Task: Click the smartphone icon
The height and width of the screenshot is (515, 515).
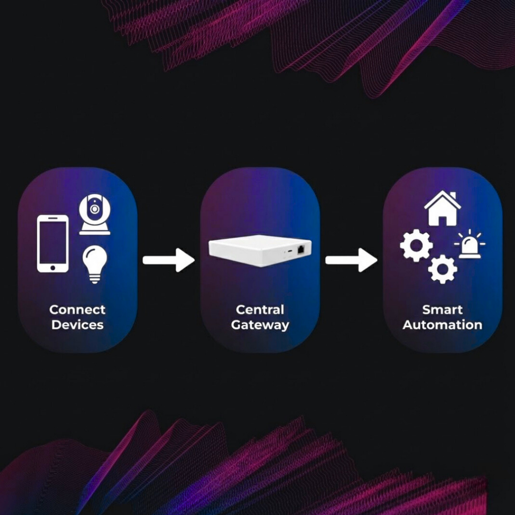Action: pyautogui.click(x=52, y=244)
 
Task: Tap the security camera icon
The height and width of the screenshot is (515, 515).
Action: pyautogui.click(x=94, y=214)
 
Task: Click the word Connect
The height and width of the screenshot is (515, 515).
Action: pyautogui.click(x=77, y=309)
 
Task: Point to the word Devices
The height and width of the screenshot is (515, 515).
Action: pyautogui.click(x=77, y=325)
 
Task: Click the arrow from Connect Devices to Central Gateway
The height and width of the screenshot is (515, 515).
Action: pyautogui.click(x=169, y=260)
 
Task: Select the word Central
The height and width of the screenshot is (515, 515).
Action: pyautogui.click(x=260, y=309)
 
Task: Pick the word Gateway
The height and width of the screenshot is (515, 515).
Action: pyautogui.click(x=260, y=325)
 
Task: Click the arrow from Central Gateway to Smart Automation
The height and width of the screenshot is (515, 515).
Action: pyautogui.click(x=351, y=260)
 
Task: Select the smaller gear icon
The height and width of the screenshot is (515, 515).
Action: pyautogui.click(x=443, y=269)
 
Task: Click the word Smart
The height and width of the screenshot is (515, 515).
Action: pyautogui.click(x=443, y=309)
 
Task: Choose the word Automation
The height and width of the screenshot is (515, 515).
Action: pyautogui.click(x=443, y=325)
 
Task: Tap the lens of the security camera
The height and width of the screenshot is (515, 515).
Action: pyautogui.click(x=94, y=209)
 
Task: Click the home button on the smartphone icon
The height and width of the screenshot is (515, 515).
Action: pyautogui.click(x=52, y=268)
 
